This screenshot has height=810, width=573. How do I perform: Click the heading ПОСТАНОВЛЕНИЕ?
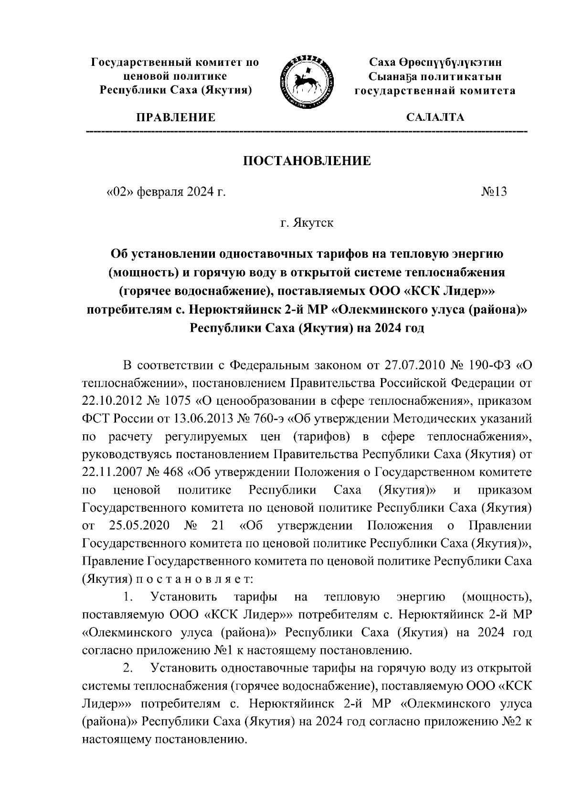(307, 161)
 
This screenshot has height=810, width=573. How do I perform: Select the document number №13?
(494, 192)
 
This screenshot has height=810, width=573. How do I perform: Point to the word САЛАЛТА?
(435, 117)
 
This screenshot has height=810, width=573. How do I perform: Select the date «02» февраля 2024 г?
(165, 192)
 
